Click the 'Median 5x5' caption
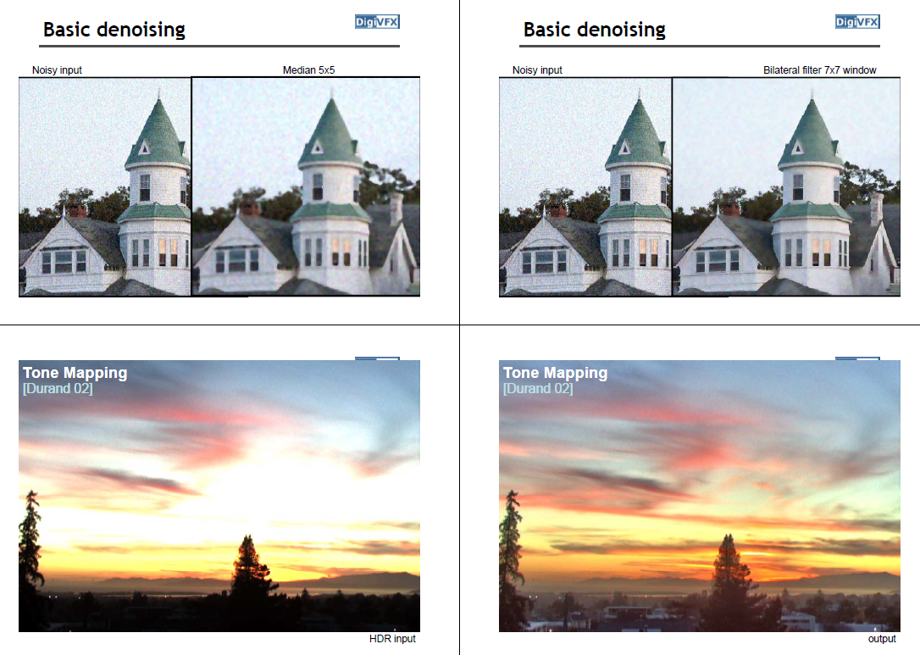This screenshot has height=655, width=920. point(308,69)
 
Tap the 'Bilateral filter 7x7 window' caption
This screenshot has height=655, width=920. point(820,69)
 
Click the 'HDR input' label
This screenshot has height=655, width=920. point(392,639)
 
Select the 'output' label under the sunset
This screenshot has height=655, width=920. point(882,639)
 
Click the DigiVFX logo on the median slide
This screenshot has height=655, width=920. point(377,22)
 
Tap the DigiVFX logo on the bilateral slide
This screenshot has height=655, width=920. point(857,22)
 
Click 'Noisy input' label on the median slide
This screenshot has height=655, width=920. point(57,69)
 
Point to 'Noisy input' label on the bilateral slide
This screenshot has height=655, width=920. point(537,69)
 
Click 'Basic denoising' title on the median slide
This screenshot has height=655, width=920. point(114,30)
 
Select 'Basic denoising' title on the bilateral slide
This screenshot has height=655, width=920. point(595,30)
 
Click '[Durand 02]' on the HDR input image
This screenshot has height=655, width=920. point(58,389)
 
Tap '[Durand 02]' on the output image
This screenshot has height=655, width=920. point(538,389)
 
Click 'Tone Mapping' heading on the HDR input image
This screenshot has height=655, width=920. point(75,373)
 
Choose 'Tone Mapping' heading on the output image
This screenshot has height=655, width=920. point(555,373)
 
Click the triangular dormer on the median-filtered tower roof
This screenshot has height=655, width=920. point(318,147)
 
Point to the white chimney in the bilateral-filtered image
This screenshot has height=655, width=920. point(877,208)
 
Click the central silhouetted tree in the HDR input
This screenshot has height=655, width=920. point(251,566)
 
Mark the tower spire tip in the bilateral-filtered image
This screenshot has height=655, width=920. point(812,89)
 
